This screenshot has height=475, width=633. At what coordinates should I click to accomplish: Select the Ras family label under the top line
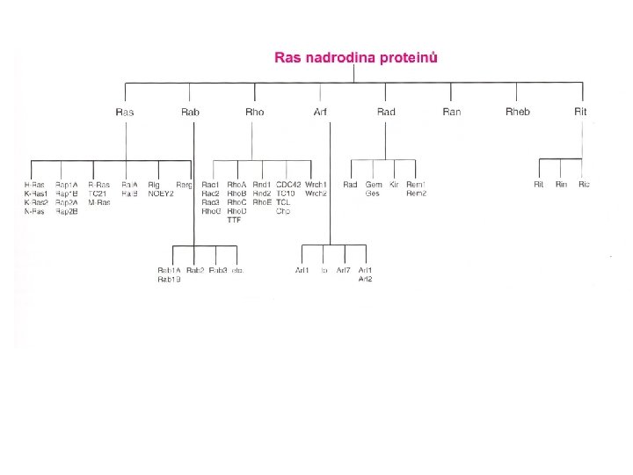point(125,112)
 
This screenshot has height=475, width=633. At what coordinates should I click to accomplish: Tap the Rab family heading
point(190,112)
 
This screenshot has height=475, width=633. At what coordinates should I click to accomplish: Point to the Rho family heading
point(255,112)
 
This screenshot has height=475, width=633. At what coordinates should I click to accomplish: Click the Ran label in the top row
point(451,112)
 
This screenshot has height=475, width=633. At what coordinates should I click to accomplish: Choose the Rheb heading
point(518,112)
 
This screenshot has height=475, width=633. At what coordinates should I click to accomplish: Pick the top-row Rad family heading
point(386,112)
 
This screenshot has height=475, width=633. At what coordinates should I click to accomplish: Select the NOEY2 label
point(161,194)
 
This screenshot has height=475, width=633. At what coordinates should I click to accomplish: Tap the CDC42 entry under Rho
point(287,185)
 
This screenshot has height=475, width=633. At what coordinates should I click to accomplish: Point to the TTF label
point(234,220)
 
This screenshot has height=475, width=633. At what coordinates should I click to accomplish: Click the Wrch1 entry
point(316,185)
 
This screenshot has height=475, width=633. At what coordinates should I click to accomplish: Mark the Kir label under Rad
point(394,185)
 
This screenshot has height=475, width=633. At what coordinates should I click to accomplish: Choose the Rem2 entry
point(416,194)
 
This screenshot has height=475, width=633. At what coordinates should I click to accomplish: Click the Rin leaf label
point(561,185)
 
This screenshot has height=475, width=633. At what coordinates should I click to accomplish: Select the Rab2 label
point(195,270)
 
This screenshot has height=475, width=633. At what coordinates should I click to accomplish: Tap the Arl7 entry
point(343,270)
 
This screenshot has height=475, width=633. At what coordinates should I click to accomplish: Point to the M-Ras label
point(98,202)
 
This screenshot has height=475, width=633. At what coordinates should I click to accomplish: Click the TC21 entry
point(97,194)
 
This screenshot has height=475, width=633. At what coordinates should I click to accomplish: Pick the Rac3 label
point(210,202)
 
